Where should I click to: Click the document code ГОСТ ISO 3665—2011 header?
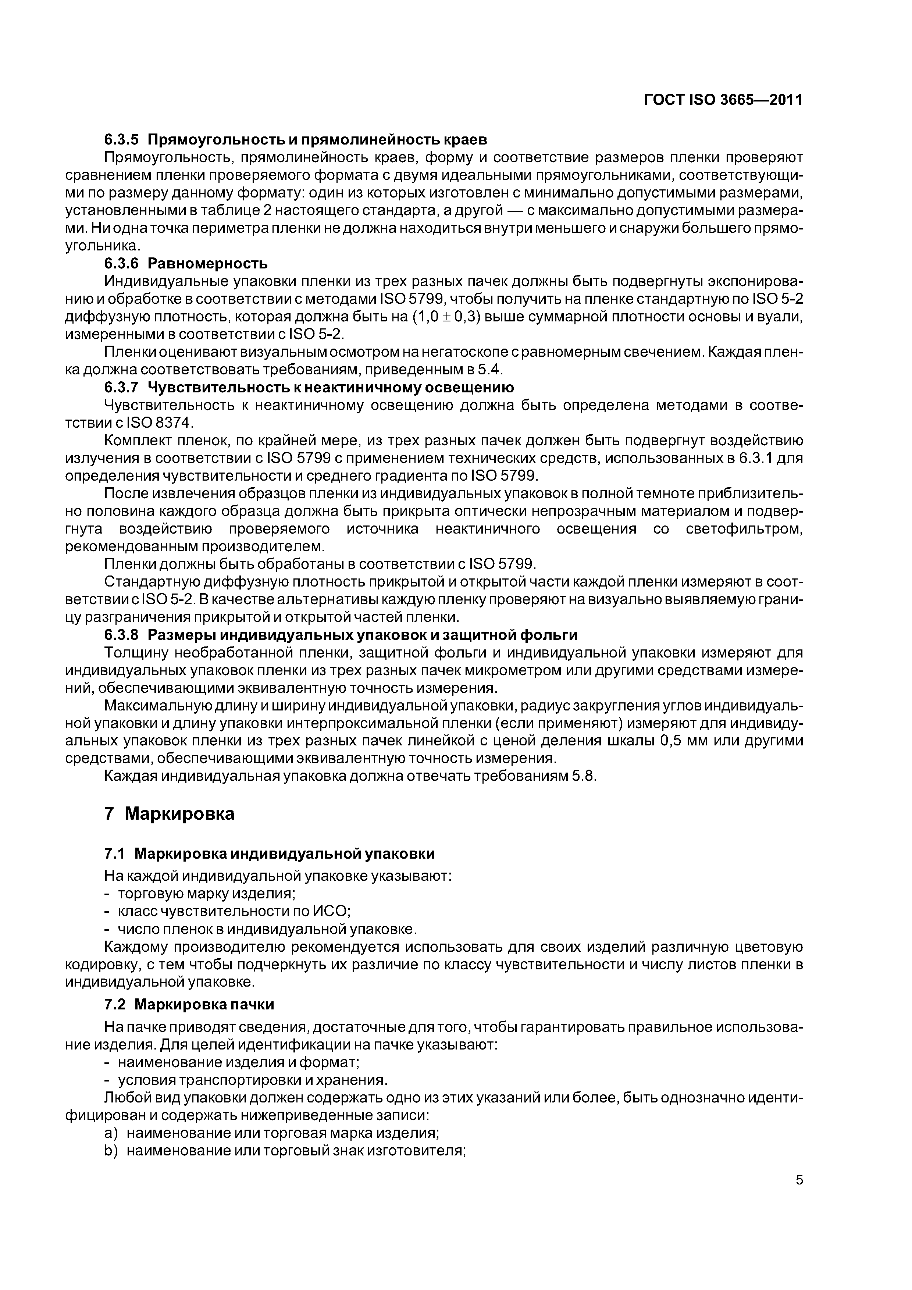(723, 100)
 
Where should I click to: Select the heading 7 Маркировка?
(169, 813)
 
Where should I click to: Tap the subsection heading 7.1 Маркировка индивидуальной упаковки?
(269, 854)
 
